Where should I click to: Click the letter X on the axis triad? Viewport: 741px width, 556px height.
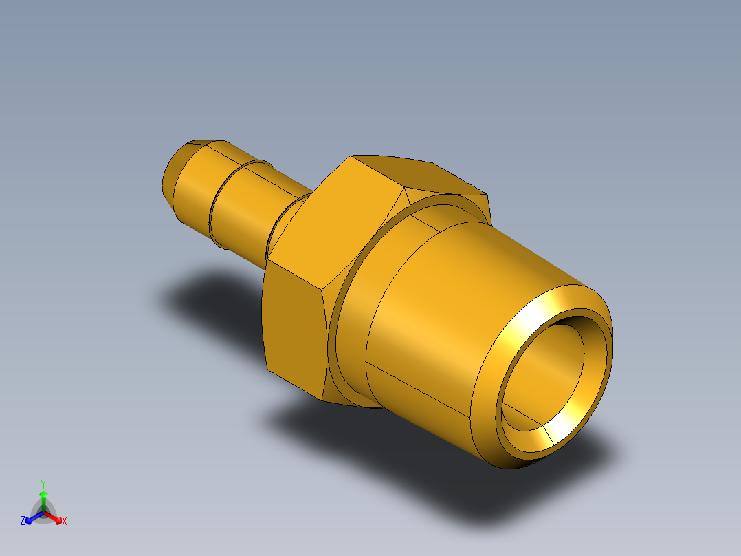(x=65, y=522)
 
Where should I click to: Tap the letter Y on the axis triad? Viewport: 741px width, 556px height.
(x=43, y=483)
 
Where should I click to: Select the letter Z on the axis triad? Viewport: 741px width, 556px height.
(x=23, y=522)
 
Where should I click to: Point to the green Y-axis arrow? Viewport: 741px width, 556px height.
(x=43, y=498)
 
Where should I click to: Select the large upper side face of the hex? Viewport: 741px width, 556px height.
(x=337, y=220)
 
